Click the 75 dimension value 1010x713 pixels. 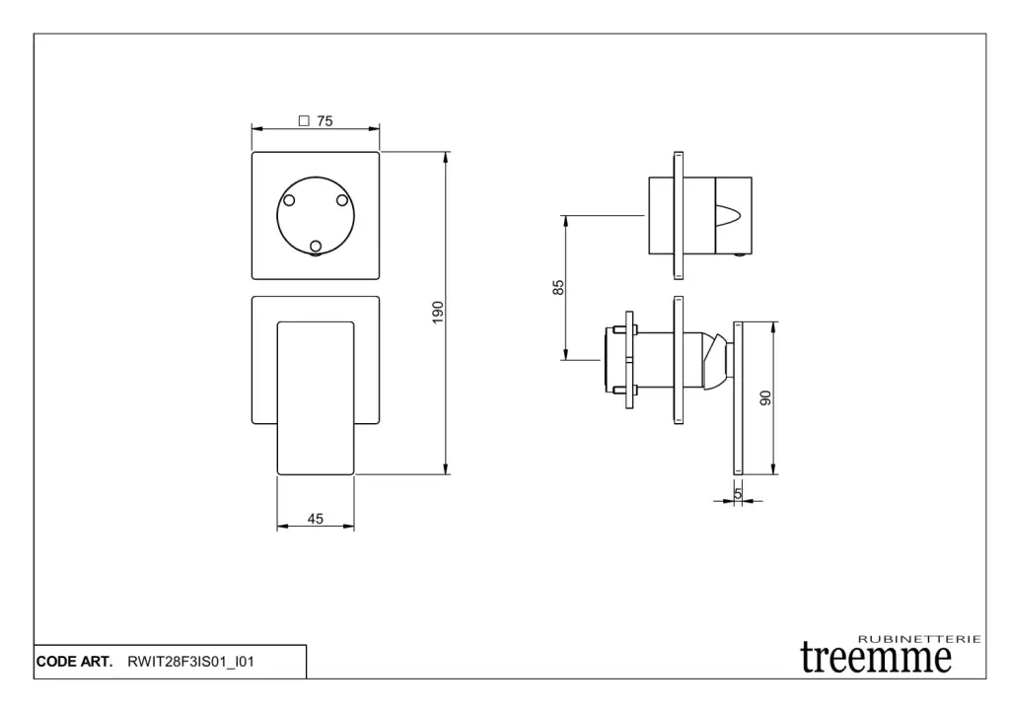(x=325, y=121)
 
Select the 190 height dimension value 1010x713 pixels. (x=438, y=313)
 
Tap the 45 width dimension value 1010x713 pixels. (x=315, y=519)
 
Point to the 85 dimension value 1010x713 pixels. (x=558, y=287)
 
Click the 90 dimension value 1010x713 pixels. (x=765, y=398)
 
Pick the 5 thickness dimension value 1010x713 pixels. (x=738, y=493)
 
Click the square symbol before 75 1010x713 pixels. (x=304, y=120)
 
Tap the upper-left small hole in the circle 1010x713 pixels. (x=289, y=200)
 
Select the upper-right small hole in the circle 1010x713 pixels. (x=342, y=200)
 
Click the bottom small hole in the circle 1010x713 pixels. (x=316, y=246)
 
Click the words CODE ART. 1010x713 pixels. (x=74, y=662)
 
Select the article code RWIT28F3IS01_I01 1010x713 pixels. (x=190, y=662)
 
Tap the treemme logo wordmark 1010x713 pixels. (x=876, y=658)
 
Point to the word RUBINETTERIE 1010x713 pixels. (x=920, y=639)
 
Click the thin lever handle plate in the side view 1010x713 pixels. (x=738, y=398)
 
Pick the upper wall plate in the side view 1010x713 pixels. (x=679, y=216)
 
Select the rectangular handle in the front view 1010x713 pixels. (x=316, y=398)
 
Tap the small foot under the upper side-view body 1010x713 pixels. (x=741, y=255)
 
